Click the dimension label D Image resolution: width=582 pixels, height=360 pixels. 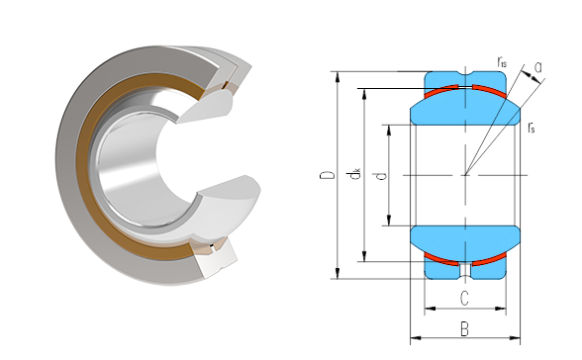point(327,175)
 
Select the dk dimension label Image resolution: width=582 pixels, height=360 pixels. point(355,174)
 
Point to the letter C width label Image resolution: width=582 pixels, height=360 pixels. point(464,299)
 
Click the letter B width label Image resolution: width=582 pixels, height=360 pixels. point(464,329)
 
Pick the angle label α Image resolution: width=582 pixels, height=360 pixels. point(538,67)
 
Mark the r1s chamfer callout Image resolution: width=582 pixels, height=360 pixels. point(502,62)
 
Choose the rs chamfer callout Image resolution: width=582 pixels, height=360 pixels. point(532,128)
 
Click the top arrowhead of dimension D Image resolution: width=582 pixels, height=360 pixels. point(337,77)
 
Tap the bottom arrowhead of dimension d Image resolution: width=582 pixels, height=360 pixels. point(389,221)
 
